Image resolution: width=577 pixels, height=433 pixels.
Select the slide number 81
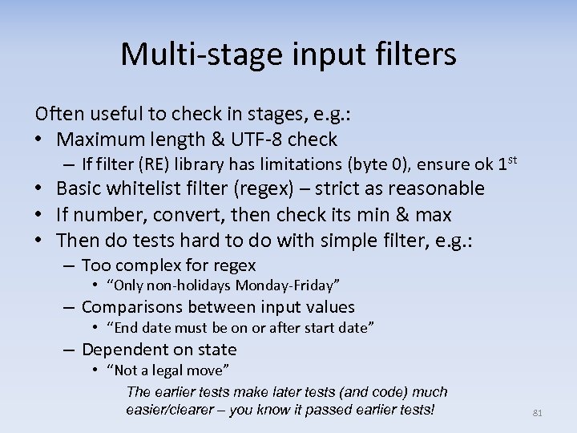(x=538, y=413)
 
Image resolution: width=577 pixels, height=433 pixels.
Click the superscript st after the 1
(x=512, y=160)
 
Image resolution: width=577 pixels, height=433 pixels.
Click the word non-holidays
(x=186, y=285)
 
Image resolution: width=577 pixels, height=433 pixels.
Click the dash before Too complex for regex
(x=69, y=265)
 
